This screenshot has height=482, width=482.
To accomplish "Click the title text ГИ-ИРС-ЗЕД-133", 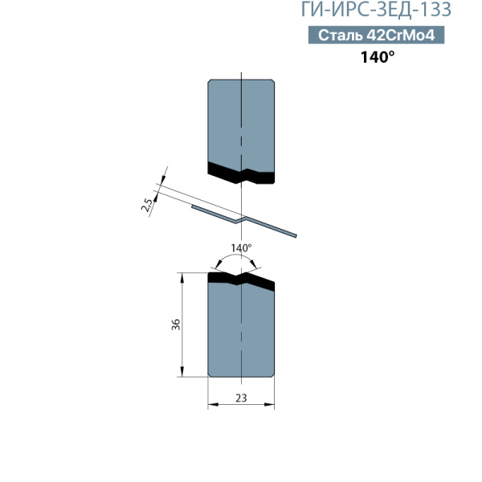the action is coord(376,9).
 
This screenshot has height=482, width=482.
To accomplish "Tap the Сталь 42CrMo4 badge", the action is coord(376,35).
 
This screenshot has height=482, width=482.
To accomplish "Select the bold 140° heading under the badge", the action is coord(378,57).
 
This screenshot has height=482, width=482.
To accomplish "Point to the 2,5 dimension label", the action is coord(147,206).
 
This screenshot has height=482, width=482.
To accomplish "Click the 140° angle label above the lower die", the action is coord(241,247).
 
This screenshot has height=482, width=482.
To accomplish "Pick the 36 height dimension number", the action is coord(176,325).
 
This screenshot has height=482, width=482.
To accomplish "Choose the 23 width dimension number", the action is coord(241,398).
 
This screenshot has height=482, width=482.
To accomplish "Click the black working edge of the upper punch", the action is coord(241,173).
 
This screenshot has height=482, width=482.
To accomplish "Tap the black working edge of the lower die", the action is coord(241,280).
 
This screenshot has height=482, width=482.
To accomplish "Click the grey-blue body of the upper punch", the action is coord(241,123).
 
